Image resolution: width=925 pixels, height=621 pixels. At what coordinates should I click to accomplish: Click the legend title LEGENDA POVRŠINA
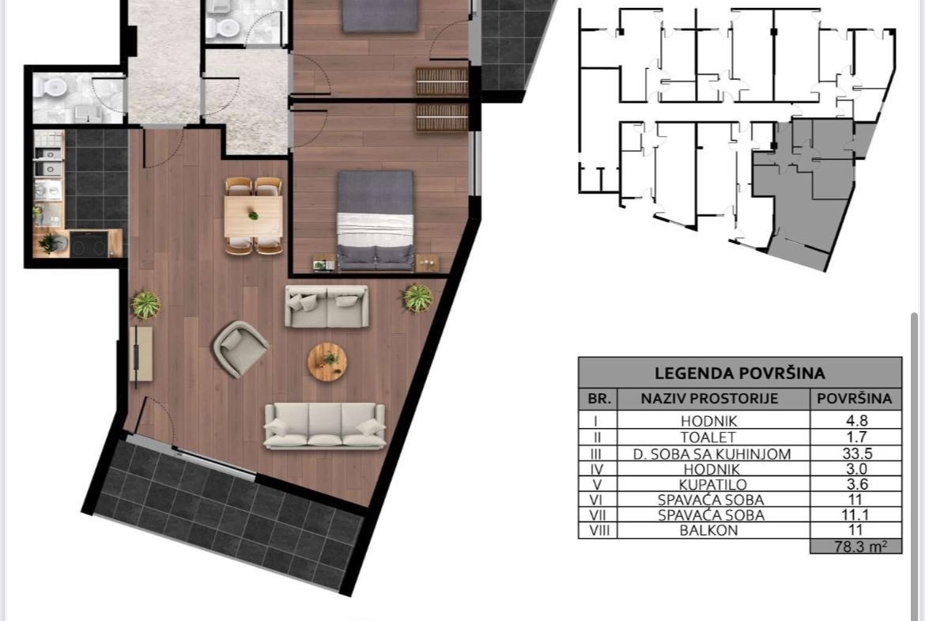740,373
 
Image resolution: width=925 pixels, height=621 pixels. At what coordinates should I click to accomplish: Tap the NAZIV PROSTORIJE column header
709,399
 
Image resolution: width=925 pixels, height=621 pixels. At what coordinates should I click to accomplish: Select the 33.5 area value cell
856,453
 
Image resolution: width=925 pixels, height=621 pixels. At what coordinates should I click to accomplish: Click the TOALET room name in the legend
708,437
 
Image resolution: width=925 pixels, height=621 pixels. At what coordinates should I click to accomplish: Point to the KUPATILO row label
708,484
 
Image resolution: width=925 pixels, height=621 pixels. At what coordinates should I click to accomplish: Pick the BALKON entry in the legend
708,530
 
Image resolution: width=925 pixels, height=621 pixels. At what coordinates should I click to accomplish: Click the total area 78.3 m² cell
856,546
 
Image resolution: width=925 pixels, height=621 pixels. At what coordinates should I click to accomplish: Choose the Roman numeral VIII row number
598,530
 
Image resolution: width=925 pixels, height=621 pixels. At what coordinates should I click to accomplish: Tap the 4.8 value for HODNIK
856,421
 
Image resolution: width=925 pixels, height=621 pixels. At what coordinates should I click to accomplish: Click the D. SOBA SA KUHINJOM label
712,454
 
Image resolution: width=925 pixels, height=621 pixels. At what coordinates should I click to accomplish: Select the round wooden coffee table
327,362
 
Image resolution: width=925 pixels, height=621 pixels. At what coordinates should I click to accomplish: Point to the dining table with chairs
254,216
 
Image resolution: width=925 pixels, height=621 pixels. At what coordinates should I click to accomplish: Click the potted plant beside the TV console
145,305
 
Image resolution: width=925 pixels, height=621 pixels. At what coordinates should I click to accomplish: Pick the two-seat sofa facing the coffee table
327,306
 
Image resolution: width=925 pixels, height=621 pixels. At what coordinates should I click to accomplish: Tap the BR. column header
598,399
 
